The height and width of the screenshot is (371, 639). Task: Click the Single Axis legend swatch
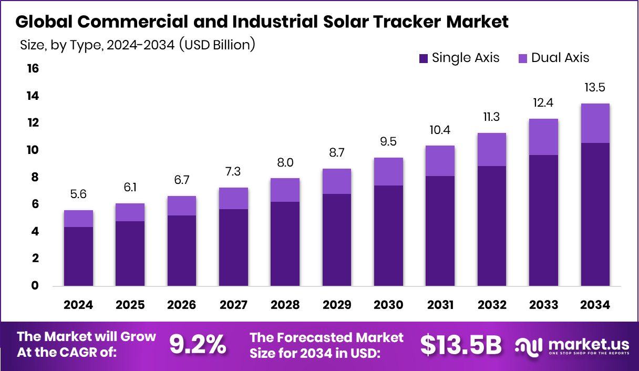pyautogui.click(x=424, y=58)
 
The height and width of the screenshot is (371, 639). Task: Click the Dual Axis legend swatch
pyautogui.click(x=523, y=58)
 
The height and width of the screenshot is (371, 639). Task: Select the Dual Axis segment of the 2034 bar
pyautogui.click(x=595, y=123)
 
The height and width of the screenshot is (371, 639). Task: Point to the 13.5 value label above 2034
pyautogui.click(x=595, y=87)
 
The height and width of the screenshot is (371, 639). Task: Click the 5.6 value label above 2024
pyautogui.click(x=78, y=194)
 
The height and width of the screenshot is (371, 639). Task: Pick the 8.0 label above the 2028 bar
pyautogui.click(x=285, y=162)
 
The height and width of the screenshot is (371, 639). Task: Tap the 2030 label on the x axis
pyautogui.click(x=388, y=305)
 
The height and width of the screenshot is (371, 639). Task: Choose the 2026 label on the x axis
pyautogui.click(x=182, y=305)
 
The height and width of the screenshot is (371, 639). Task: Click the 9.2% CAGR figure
pyautogui.click(x=198, y=344)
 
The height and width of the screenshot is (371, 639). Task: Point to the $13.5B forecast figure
pyautogui.click(x=461, y=344)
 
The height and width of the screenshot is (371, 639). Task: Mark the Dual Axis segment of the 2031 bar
pyautogui.click(x=440, y=161)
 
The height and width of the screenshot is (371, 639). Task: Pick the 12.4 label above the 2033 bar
pyautogui.click(x=544, y=103)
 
